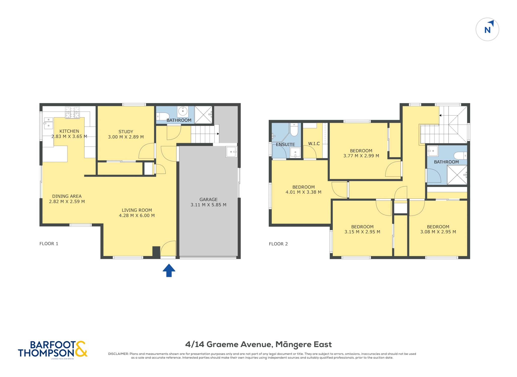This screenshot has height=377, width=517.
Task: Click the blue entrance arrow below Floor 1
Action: (x=169, y=270)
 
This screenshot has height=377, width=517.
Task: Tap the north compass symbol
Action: (x=487, y=29)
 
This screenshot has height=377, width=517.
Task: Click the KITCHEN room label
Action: (x=69, y=131)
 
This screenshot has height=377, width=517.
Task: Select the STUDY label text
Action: (x=126, y=132)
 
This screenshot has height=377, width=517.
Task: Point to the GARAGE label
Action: (x=209, y=199)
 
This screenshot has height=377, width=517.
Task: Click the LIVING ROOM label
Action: (x=137, y=210)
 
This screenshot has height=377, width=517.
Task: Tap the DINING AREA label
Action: (x=67, y=196)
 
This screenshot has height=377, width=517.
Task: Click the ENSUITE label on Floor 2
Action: (x=286, y=145)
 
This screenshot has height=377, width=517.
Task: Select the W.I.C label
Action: (x=314, y=144)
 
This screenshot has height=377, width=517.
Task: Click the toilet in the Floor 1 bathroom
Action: (x=163, y=116)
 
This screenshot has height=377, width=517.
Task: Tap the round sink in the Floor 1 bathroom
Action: (x=183, y=111)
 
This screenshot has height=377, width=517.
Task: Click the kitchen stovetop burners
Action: (x=72, y=113)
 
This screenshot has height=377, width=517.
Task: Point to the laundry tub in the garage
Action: (x=231, y=152)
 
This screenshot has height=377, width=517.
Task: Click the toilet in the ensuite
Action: (x=294, y=130)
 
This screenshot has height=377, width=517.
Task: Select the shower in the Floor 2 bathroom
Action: (x=457, y=175)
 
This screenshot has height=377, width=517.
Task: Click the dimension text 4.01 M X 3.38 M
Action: (x=303, y=192)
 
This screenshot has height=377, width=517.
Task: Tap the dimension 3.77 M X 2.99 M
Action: (x=361, y=156)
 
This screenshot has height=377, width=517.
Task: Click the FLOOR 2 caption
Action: (x=278, y=244)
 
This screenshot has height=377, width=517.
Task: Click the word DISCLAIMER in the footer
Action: (x=118, y=354)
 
